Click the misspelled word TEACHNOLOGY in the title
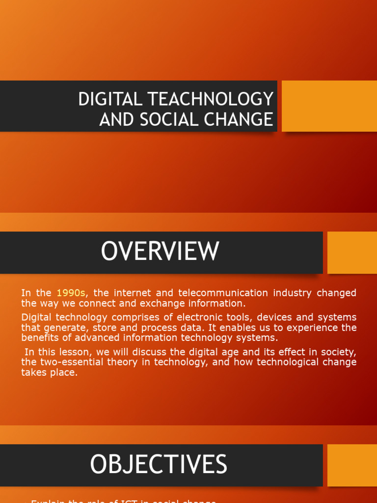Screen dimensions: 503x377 coord(213,99)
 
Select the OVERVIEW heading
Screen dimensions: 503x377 coord(160,251)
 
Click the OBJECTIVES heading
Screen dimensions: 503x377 coord(158,465)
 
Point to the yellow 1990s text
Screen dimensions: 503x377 coord(71,293)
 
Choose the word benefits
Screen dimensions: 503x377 coord(41,337)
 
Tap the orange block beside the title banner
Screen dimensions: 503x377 coord(329,106)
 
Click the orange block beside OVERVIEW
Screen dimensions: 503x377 coord(352,252)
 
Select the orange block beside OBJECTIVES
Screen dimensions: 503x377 coord(352,465)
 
